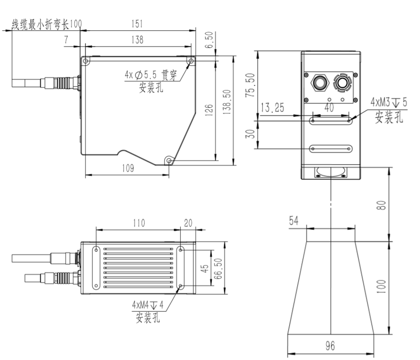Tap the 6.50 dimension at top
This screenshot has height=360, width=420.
point(209,41)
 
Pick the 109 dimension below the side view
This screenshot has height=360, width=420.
point(127,168)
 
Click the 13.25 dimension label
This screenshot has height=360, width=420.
point(272,108)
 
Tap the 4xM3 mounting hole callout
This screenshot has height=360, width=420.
point(388,101)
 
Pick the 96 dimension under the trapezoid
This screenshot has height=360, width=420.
point(330,346)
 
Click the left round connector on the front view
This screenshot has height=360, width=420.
point(320,81)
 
